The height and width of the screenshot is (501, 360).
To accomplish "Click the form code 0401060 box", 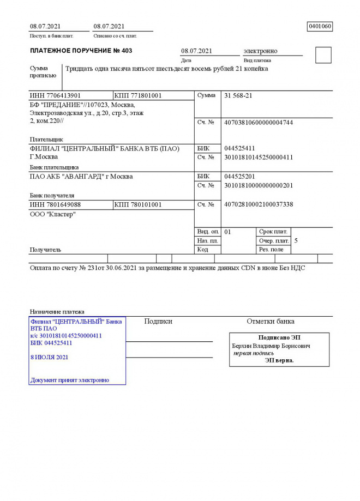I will pyautogui.click(x=320, y=26).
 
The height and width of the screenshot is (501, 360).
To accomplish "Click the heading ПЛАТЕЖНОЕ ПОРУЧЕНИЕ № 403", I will pyautogui.click(x=81, y=51).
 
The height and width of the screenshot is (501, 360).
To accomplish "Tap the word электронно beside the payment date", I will pyautogui.click(x=260, y=51).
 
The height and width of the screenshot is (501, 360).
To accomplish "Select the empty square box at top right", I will pyautogui.click(x=323, y=55).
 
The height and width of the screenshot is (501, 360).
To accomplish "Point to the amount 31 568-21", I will pyautogui.click(x=238, y=96).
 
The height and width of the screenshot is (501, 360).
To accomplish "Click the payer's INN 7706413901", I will pyautogui.click(x=55, y=96).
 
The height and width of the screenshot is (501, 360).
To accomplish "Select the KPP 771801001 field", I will pyautogui.click(x=138, y=96).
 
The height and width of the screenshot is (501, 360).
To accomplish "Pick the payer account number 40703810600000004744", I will pyautogui.click(x=259, y=122).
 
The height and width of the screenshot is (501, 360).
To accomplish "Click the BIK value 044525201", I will pyautogui.click(x=239, y=177).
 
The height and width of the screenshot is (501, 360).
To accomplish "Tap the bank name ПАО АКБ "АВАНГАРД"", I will pyautogui.click(x=81, y=177).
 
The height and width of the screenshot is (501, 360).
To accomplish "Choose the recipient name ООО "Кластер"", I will pyautogui.click(x=53, y=214).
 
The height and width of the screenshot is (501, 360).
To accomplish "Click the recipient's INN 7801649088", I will pyautogui.click(x=55, y=204).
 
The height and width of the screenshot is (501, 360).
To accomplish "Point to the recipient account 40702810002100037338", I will pyautogui.click(x=259, y=204).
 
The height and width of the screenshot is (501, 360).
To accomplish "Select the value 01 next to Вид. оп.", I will pyautogui.click(x=227, y=232).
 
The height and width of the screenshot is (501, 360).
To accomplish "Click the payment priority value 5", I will pyautogui.click(x=296, y=240).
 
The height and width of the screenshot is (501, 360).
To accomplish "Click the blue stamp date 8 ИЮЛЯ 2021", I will pyautogui.click(x=50, y=358).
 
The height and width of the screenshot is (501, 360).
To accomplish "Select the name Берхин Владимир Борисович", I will pyautogui.click(x=271, y=346).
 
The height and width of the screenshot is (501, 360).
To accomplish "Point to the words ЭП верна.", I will pyautogui.click(x=279, y=360).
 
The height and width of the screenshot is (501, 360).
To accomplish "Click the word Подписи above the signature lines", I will pyautogui.click(x=158, y=322).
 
